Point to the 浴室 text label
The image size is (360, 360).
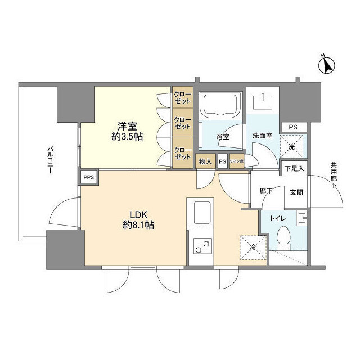(223, 137)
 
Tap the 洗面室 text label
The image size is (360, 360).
(262, 136)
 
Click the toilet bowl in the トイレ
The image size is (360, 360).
(284, 235)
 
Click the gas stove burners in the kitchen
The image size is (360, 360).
(202, 245)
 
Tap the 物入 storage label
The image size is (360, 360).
(205, 161)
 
